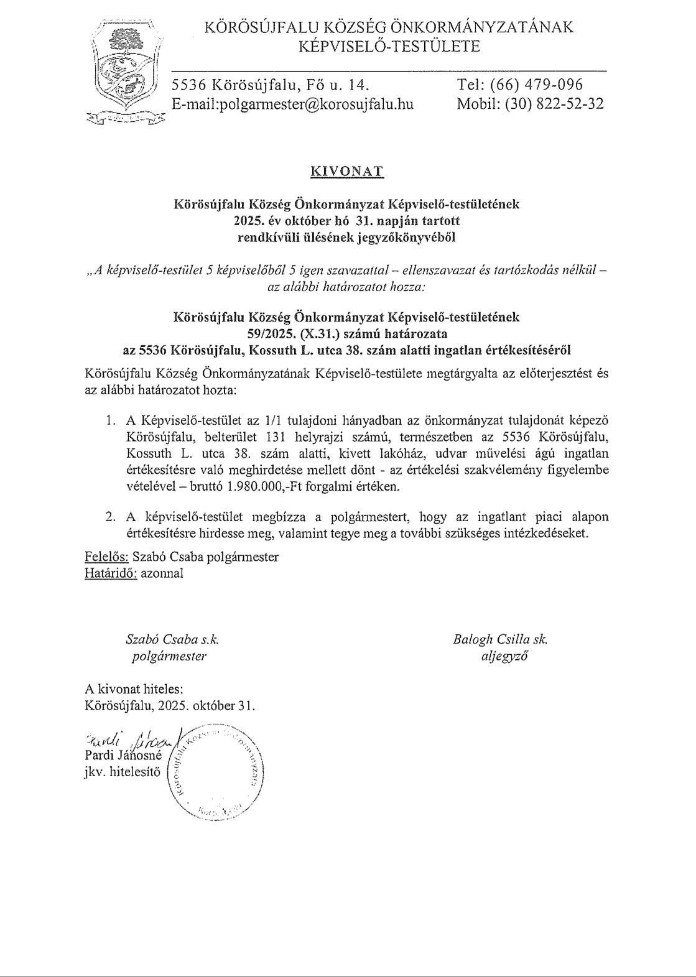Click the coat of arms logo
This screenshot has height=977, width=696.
point(126,73)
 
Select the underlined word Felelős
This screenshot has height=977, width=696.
point(106,557)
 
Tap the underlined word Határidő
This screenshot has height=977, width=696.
point(111,573)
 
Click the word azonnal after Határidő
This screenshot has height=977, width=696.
point(162,573)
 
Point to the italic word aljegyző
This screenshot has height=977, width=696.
point(504,655)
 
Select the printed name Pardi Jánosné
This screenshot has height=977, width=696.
point(123,757)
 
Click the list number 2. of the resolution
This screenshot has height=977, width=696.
point(111,517)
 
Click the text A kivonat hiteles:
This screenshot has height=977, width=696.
point(134,689)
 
